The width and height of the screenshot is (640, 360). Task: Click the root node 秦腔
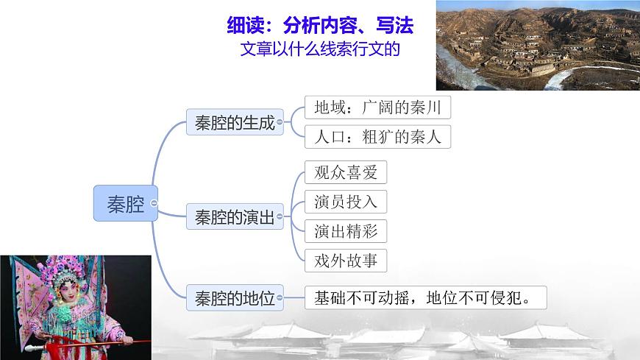(125, 203)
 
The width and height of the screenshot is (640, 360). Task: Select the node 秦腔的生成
(235, 122)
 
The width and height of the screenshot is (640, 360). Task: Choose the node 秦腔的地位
(235, 298)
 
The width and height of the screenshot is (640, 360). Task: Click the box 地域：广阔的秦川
(377, 108)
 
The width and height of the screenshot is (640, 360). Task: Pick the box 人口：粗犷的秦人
(377, 137)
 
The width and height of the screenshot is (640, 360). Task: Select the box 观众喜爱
(345, 172)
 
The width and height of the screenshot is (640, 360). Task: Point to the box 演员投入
(345, 201)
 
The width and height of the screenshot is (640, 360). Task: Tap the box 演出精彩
(345, 230)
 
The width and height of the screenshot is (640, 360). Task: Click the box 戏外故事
(345, 259)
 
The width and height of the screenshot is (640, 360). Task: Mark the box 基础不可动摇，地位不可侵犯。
(426, 298)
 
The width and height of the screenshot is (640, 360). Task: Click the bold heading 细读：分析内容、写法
(320, 27)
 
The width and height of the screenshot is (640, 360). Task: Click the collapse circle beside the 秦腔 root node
(154, 203)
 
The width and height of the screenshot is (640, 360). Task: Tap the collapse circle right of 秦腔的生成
(288, 122)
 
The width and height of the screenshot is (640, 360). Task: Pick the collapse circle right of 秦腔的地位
(288, 298)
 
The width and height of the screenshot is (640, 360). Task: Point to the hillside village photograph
(537, 44)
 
